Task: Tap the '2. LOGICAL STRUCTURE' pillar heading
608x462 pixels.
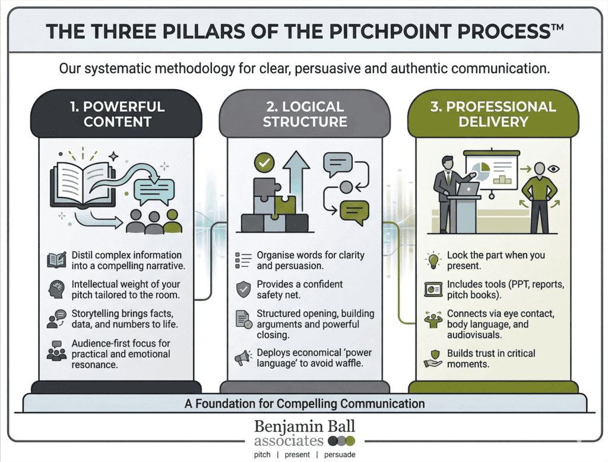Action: click(x=305, y=114)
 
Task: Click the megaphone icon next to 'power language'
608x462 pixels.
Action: click(x=242, y=358)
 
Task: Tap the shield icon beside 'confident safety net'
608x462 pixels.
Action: click(x=243, y=290)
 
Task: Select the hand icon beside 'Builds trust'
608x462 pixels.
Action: click(x=433, y=358)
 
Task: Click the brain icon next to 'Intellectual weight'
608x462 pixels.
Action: click(x=56, y=290)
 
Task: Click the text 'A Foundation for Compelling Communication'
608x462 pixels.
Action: click(x=305, y=404)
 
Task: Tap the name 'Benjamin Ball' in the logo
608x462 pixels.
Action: click(x=304, y=426)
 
